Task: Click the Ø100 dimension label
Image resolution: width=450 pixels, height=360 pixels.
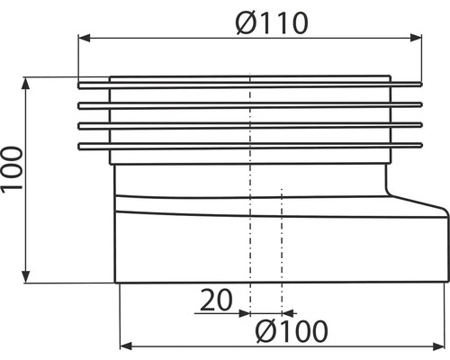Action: [290, 330]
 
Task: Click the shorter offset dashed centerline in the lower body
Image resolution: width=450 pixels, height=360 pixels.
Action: [282, 243]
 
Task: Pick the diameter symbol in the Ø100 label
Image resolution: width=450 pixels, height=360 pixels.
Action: [261, 330]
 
